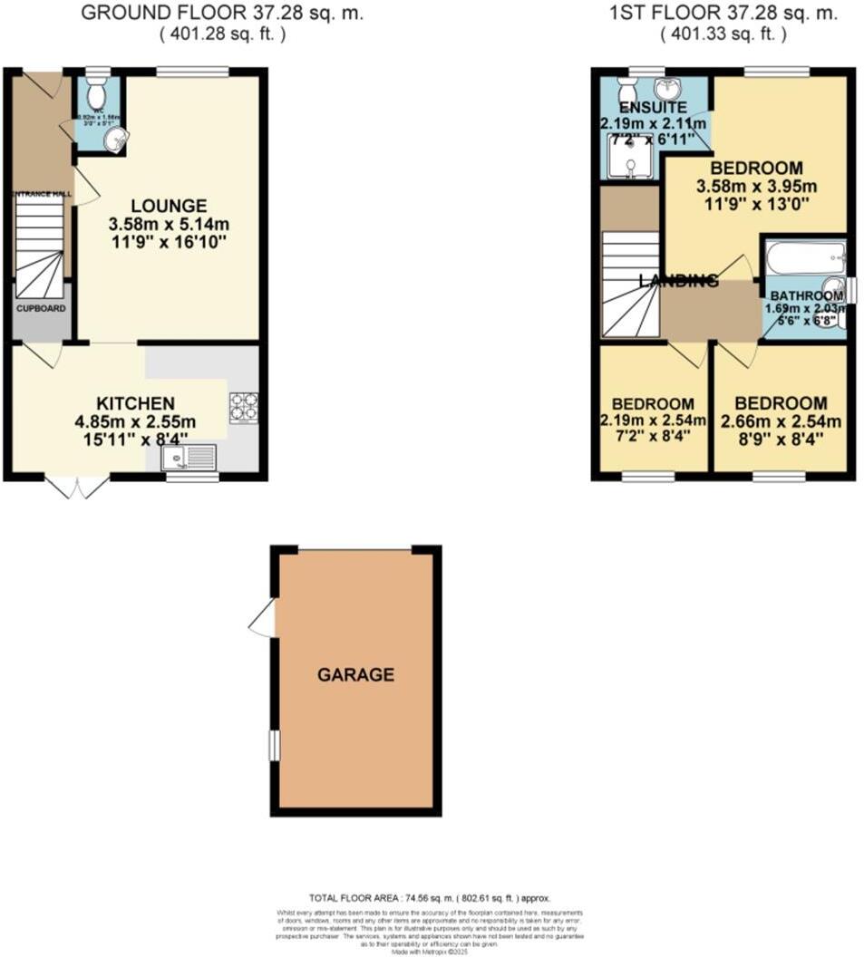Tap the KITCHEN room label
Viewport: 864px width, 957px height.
pyautogui.click(x=137, y=402)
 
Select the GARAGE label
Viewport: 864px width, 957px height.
pyautogui.click(x=355, y=674)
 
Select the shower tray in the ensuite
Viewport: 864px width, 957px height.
pyautogui.click(x=628, y=161)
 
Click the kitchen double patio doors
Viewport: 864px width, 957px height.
pyautogui.click(x=77, y=487)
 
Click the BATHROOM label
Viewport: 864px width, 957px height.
pyautogui.click(x=806, y=296)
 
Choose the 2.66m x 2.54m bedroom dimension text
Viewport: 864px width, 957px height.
pyautogui.click(x=781, y=421)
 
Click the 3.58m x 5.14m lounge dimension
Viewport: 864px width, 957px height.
pyautogui.click(x=168, y=224)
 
